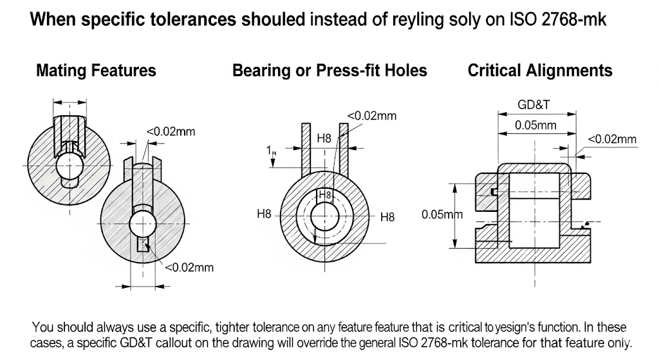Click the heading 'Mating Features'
click(96, 70)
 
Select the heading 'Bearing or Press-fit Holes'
click(329, 70)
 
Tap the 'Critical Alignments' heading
click(540, 70)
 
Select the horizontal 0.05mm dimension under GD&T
click(535, 126)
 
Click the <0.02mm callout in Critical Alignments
click(612, 139)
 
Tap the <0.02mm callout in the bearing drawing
click(372, 116)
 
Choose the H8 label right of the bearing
click(387, 217)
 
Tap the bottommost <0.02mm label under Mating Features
click(189, 267)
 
